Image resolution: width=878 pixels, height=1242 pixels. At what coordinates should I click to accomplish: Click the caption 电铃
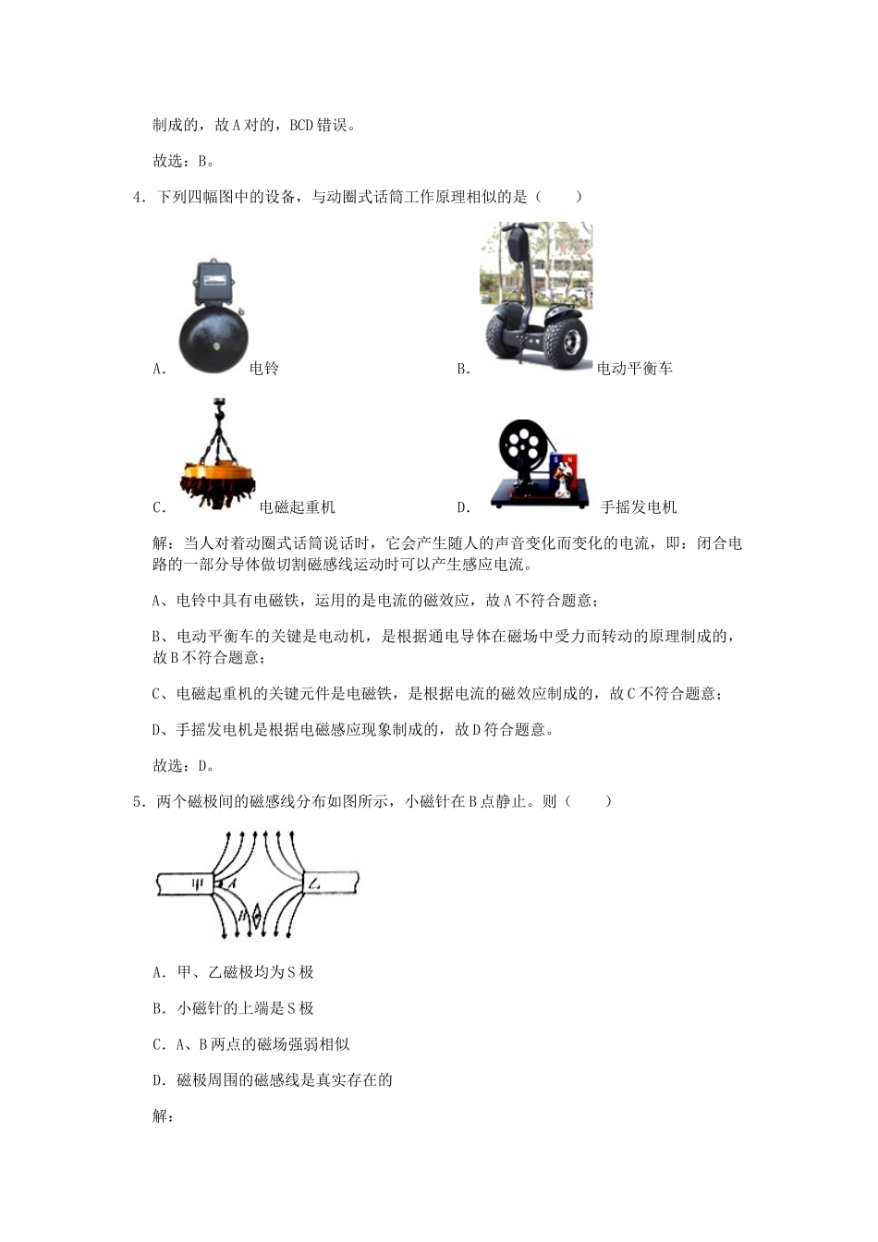coord(264,369)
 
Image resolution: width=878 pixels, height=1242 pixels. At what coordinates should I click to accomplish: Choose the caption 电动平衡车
coord(635,369)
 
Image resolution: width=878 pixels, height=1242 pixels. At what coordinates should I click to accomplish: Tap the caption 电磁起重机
coord(298,507)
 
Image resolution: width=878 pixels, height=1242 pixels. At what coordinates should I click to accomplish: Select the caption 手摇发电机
coord(639,507)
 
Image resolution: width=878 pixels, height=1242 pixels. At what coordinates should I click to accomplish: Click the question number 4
coord(138,197)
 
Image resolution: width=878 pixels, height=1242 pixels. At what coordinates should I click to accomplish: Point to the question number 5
coord(138,802)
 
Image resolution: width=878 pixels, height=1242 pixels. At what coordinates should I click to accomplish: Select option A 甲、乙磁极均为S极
coord(234,972)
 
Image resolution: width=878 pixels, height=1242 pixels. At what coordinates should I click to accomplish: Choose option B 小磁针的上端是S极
coord(234,1008)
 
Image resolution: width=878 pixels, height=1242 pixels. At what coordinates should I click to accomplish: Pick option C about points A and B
coord(250,1044)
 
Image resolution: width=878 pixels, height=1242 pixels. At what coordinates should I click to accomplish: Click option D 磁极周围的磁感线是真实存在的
coord(273,1080)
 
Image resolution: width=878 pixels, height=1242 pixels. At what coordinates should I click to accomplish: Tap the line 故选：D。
coord(184,766)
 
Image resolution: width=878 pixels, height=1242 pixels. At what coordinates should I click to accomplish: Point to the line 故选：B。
coord(184,161)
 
